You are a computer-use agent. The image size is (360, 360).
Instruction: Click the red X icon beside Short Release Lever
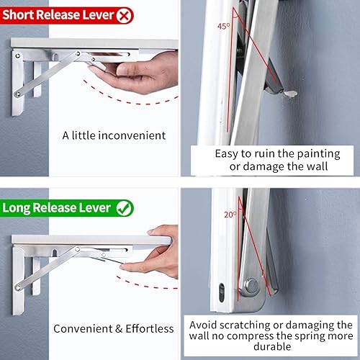point(125,14)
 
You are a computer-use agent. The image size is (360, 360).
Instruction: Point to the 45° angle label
point(225,26)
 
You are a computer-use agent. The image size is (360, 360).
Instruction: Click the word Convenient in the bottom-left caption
point(80,329)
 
